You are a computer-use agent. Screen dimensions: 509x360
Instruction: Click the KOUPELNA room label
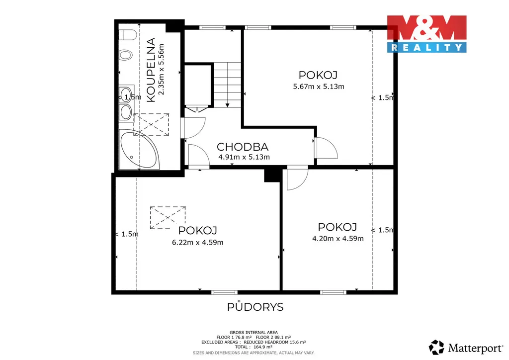(151, 70)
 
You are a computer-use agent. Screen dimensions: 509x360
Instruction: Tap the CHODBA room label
(243, 147)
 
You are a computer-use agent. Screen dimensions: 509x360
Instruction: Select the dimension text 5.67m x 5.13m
(319, 87)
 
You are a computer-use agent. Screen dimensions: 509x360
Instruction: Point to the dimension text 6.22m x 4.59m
(198, 243)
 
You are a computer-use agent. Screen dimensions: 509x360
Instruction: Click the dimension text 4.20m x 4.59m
(338, 239)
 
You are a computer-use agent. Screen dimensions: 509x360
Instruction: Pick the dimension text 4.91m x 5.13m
(244, 157)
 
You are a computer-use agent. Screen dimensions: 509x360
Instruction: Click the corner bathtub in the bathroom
(139, 150)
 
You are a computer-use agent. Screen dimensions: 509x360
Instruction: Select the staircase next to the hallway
(227, 85)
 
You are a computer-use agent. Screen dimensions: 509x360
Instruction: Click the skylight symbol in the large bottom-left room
(168, 217)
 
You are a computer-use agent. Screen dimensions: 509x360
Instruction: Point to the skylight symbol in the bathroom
(151, 124)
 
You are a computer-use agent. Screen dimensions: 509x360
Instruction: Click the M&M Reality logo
(426, 34)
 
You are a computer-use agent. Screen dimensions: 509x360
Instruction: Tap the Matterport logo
(466, 348)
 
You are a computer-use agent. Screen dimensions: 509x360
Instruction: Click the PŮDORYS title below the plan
(255, 306)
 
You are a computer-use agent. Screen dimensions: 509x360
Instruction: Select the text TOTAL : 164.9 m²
(254, 347)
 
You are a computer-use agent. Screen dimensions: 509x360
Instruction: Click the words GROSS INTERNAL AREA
(254, 333)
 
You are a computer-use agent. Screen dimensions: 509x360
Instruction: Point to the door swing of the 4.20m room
(297, 178)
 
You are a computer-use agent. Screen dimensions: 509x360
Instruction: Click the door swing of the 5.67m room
(326, 148)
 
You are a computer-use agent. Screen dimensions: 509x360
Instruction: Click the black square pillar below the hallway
(272, 174)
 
